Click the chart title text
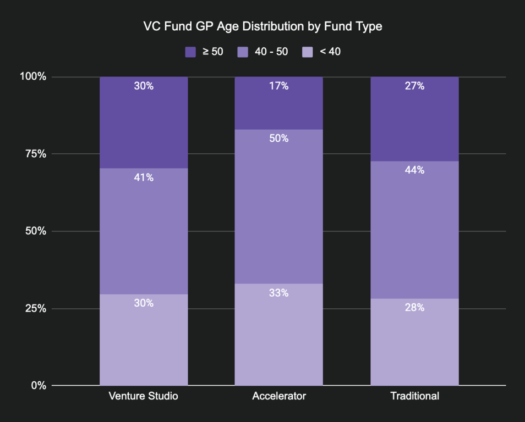click(262, 26)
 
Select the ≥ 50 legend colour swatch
click(190, 52)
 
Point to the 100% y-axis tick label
click(33, 76)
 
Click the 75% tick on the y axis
click(35, 154)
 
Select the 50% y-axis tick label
click(35, 231)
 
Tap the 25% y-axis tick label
click(35, 308)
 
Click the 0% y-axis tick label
click(38, 385)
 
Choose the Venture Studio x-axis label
click(143, 396)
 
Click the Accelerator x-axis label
click(278, 396)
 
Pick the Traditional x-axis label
click(414, 396)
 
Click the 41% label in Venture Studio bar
click(144, 177)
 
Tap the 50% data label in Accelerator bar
click(279, 138)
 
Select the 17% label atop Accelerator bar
click(279, 86)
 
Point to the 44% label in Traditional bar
click(414, 170)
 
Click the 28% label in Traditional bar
click(414, 308)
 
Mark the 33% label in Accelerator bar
click(279, 293)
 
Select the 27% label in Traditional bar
click(414, 86)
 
